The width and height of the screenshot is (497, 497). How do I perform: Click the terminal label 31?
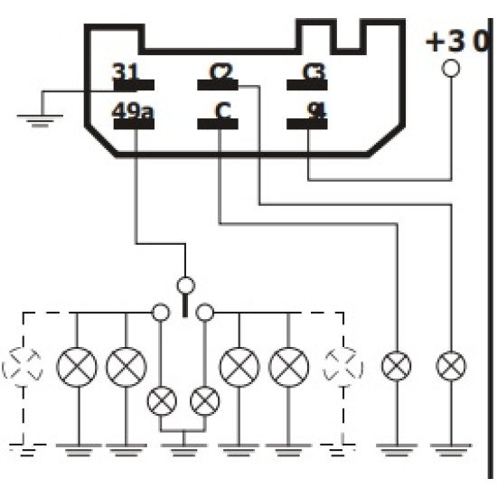point(127,72)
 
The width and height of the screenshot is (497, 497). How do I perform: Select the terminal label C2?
point(219,72)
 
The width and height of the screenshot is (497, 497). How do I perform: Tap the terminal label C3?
point(314,72)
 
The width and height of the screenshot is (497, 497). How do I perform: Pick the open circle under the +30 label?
point(451,69)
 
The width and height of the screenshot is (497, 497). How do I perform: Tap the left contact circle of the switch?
point(161,313)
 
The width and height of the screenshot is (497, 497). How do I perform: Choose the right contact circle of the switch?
point(206,313)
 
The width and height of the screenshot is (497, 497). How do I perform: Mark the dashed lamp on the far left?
point(20,366)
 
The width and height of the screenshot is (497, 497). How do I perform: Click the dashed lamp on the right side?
point(343,366)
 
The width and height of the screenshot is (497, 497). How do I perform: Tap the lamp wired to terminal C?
point(397,366)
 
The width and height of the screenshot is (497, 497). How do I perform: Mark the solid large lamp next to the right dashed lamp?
point(289,366)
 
